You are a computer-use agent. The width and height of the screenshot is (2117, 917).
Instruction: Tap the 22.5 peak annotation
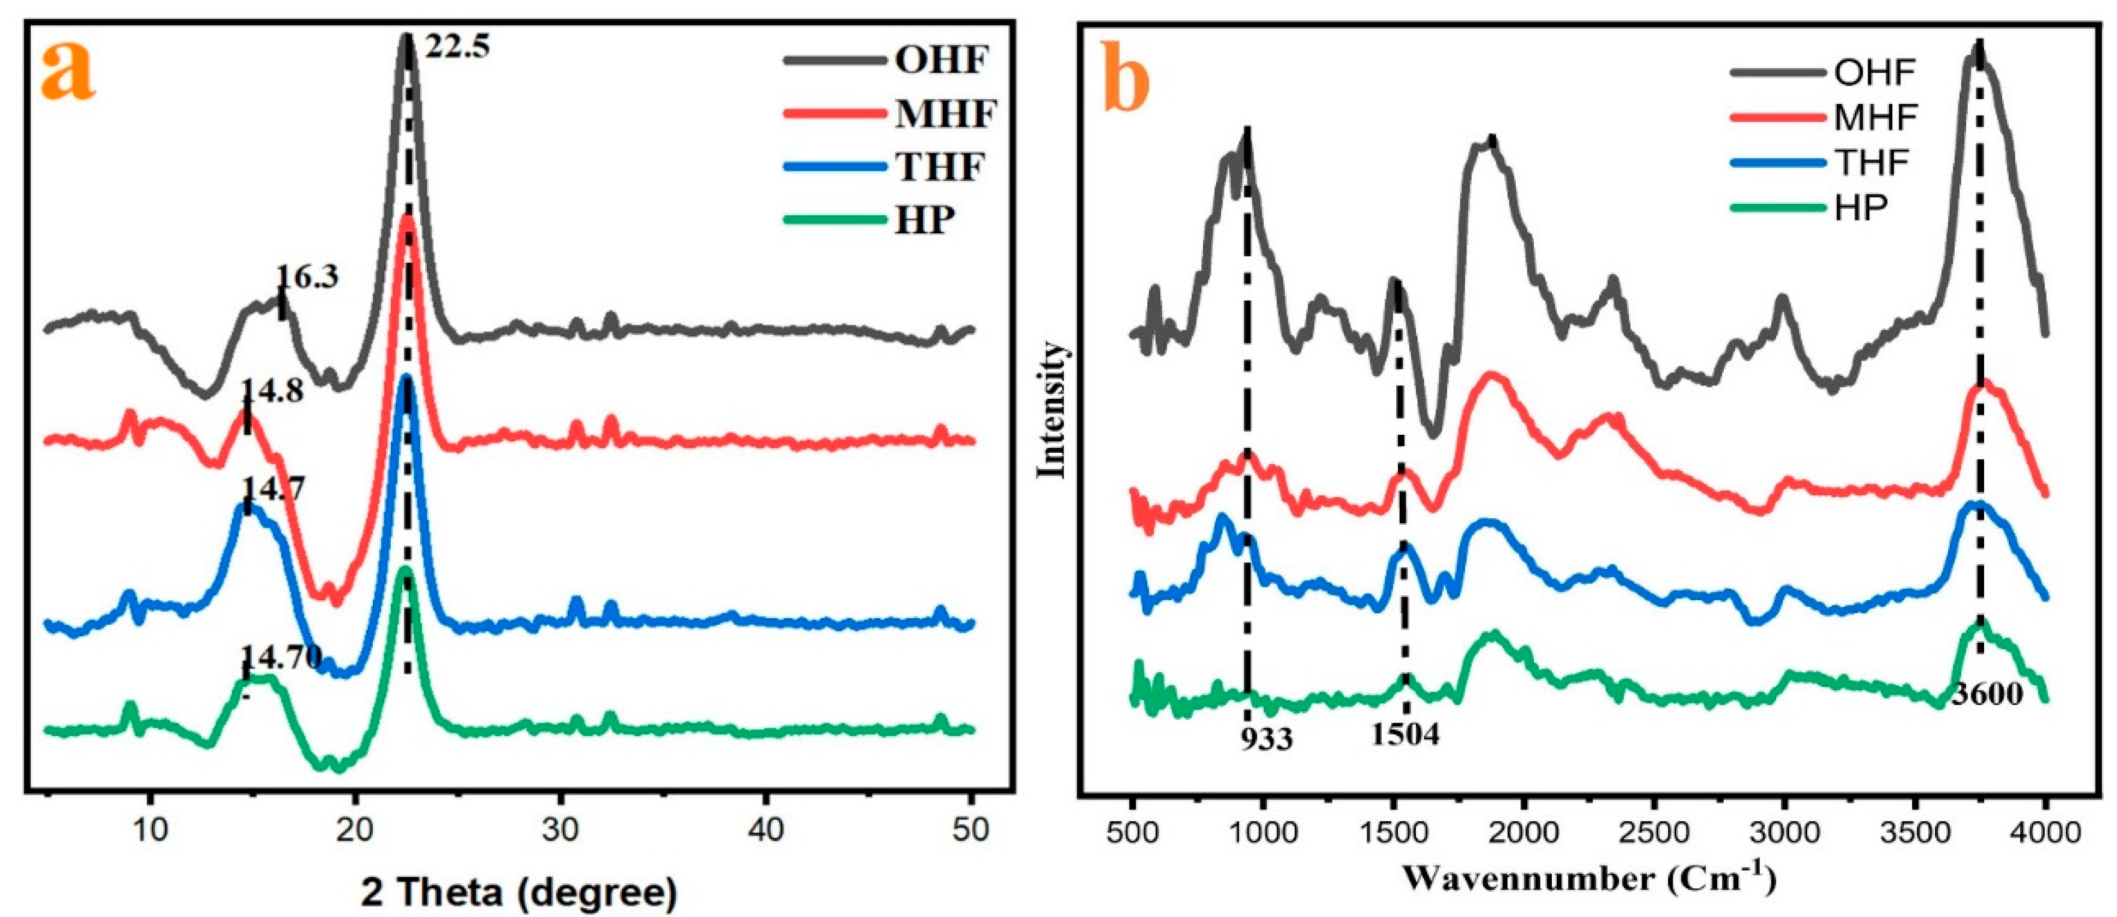457,46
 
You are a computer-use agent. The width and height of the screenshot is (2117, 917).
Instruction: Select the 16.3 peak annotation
307,277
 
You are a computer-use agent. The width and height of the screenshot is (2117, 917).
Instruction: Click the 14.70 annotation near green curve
280,657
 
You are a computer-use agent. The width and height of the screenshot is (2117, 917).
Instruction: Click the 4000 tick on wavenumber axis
2045,832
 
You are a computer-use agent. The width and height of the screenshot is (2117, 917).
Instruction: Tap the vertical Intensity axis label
1052,411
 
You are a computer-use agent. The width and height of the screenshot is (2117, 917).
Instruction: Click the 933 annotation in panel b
1266,738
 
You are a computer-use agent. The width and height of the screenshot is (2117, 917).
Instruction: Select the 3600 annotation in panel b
1987,695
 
